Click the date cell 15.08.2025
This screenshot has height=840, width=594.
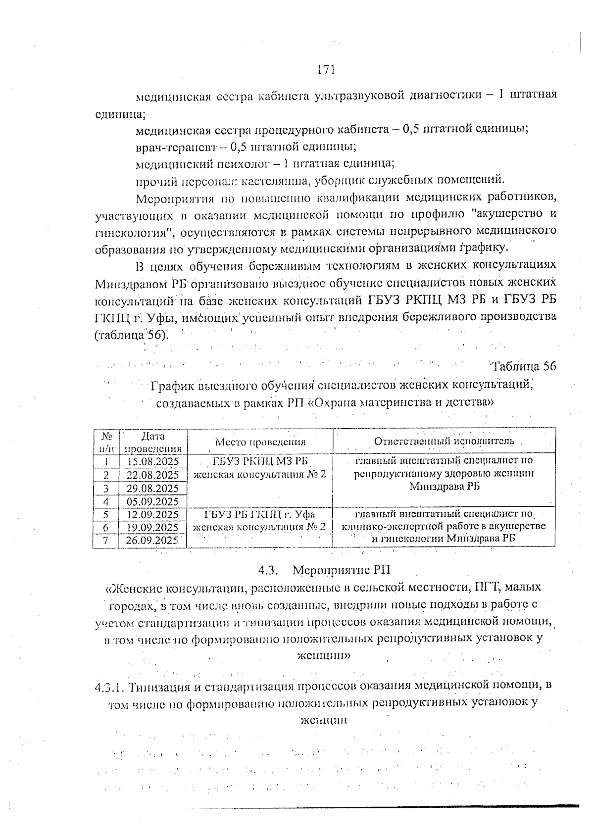[x=152, y=461]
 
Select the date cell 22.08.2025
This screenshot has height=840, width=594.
[x=152, y=475]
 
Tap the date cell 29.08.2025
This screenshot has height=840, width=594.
[x=152, y=488]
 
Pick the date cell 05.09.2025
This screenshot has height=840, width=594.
[x=152, y=501]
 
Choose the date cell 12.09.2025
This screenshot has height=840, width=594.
[x=152, y=514]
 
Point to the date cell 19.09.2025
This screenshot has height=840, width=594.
[x=152, y=527]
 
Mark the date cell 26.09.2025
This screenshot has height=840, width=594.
[x=152, y=540]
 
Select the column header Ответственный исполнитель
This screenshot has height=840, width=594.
[x=444, y=441]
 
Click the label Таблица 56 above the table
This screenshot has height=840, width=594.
[x=524, y=366]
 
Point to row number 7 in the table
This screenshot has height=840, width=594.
[x=105, y=540]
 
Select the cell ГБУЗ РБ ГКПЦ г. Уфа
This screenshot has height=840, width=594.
[x=260, y=514]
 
